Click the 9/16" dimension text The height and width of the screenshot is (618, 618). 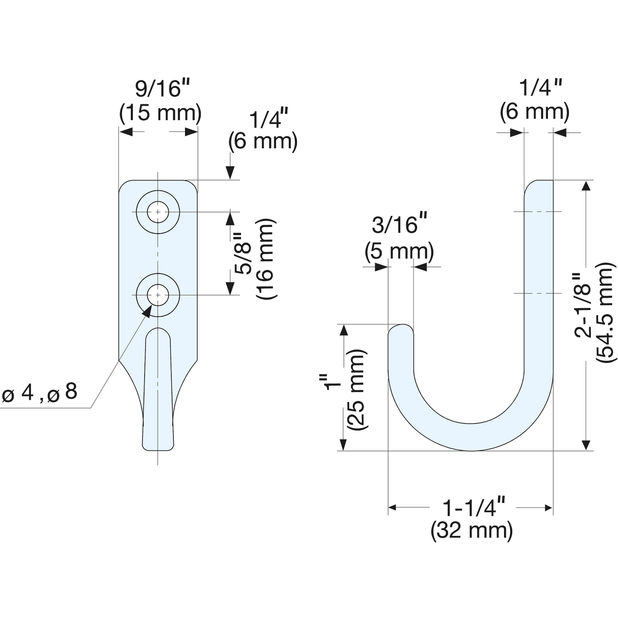click(x=163, y=89)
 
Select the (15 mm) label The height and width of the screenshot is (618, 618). click(x=160, y=113)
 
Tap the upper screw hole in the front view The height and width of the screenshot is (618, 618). click(x=157, y=212)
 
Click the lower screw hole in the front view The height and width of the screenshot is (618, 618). click(x=157, y=295)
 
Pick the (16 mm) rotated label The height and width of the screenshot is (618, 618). click(x=266, y=259)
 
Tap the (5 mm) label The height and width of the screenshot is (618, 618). click(x=399, y=251)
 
